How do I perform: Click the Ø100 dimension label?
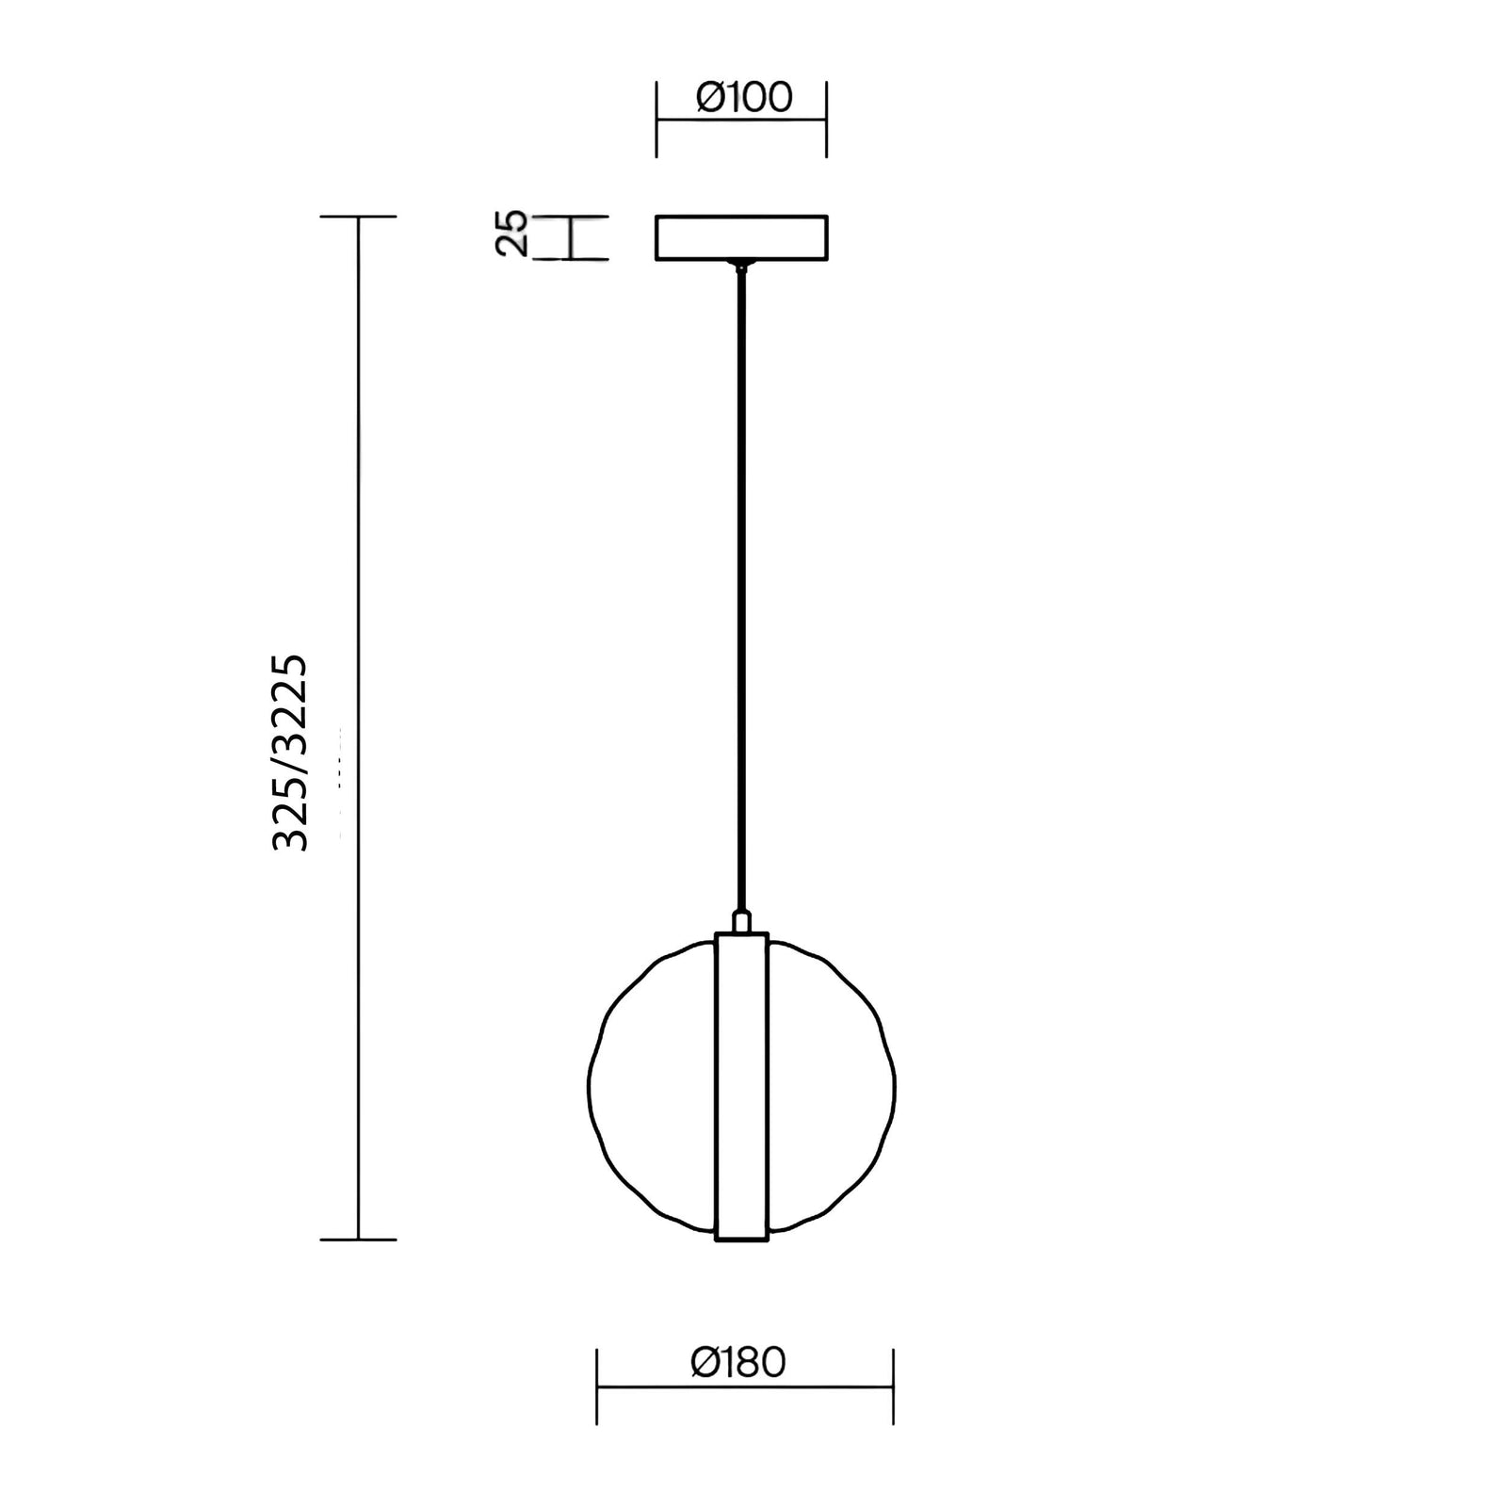pyautogui.click(x=744, y=97)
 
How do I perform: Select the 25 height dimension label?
pyautogui.click(x=511, y=234)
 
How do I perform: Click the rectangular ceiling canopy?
pyautogui.click(x=742, y=237)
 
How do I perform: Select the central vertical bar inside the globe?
pyautogui.click(x=742, y=1087)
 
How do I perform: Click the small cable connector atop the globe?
pyautogui.click(x=742, y=921)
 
